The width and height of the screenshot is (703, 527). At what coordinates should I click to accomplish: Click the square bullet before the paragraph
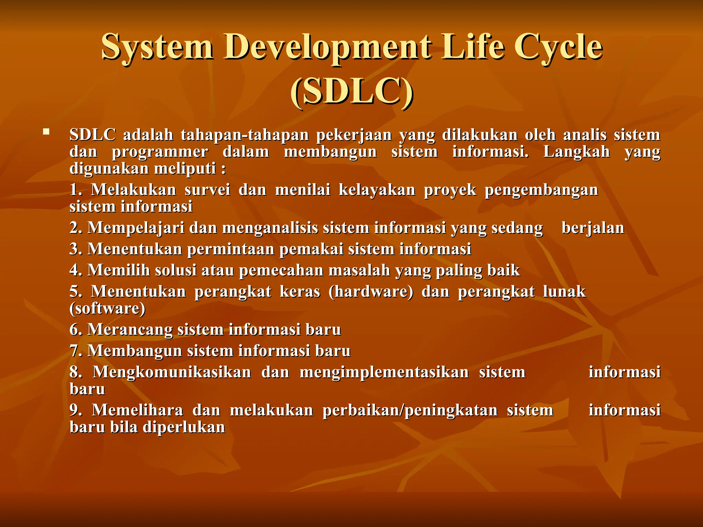pyautogui.click(x=46, y=131)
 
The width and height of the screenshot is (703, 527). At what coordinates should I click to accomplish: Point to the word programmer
pyautogui.click(x=160, y=152)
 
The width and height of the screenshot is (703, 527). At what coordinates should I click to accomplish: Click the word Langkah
pyautogui.click(x=576, y=152)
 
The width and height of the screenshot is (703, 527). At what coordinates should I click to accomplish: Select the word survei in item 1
pyautogui.click(x=207, y=190)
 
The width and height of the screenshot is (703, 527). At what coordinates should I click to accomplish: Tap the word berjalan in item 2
pyautogui.click(x=592, y=228)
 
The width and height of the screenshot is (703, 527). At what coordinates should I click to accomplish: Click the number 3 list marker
pyautogui.click(x=75, y=249)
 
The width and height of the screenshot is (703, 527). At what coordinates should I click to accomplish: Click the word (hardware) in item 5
pyautogui.click(x=371, y=292)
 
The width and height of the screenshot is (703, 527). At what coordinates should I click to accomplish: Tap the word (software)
pyautogui.click(x=107, y=308)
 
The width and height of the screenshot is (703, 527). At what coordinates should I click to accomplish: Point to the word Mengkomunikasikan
pyautogui.click(x=172, y=372)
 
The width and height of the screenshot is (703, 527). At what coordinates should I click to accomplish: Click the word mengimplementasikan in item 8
pyautogui.click(x=384, y=372)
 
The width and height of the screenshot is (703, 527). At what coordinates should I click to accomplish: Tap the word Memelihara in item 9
pyautogui.click(x=137, y=410)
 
